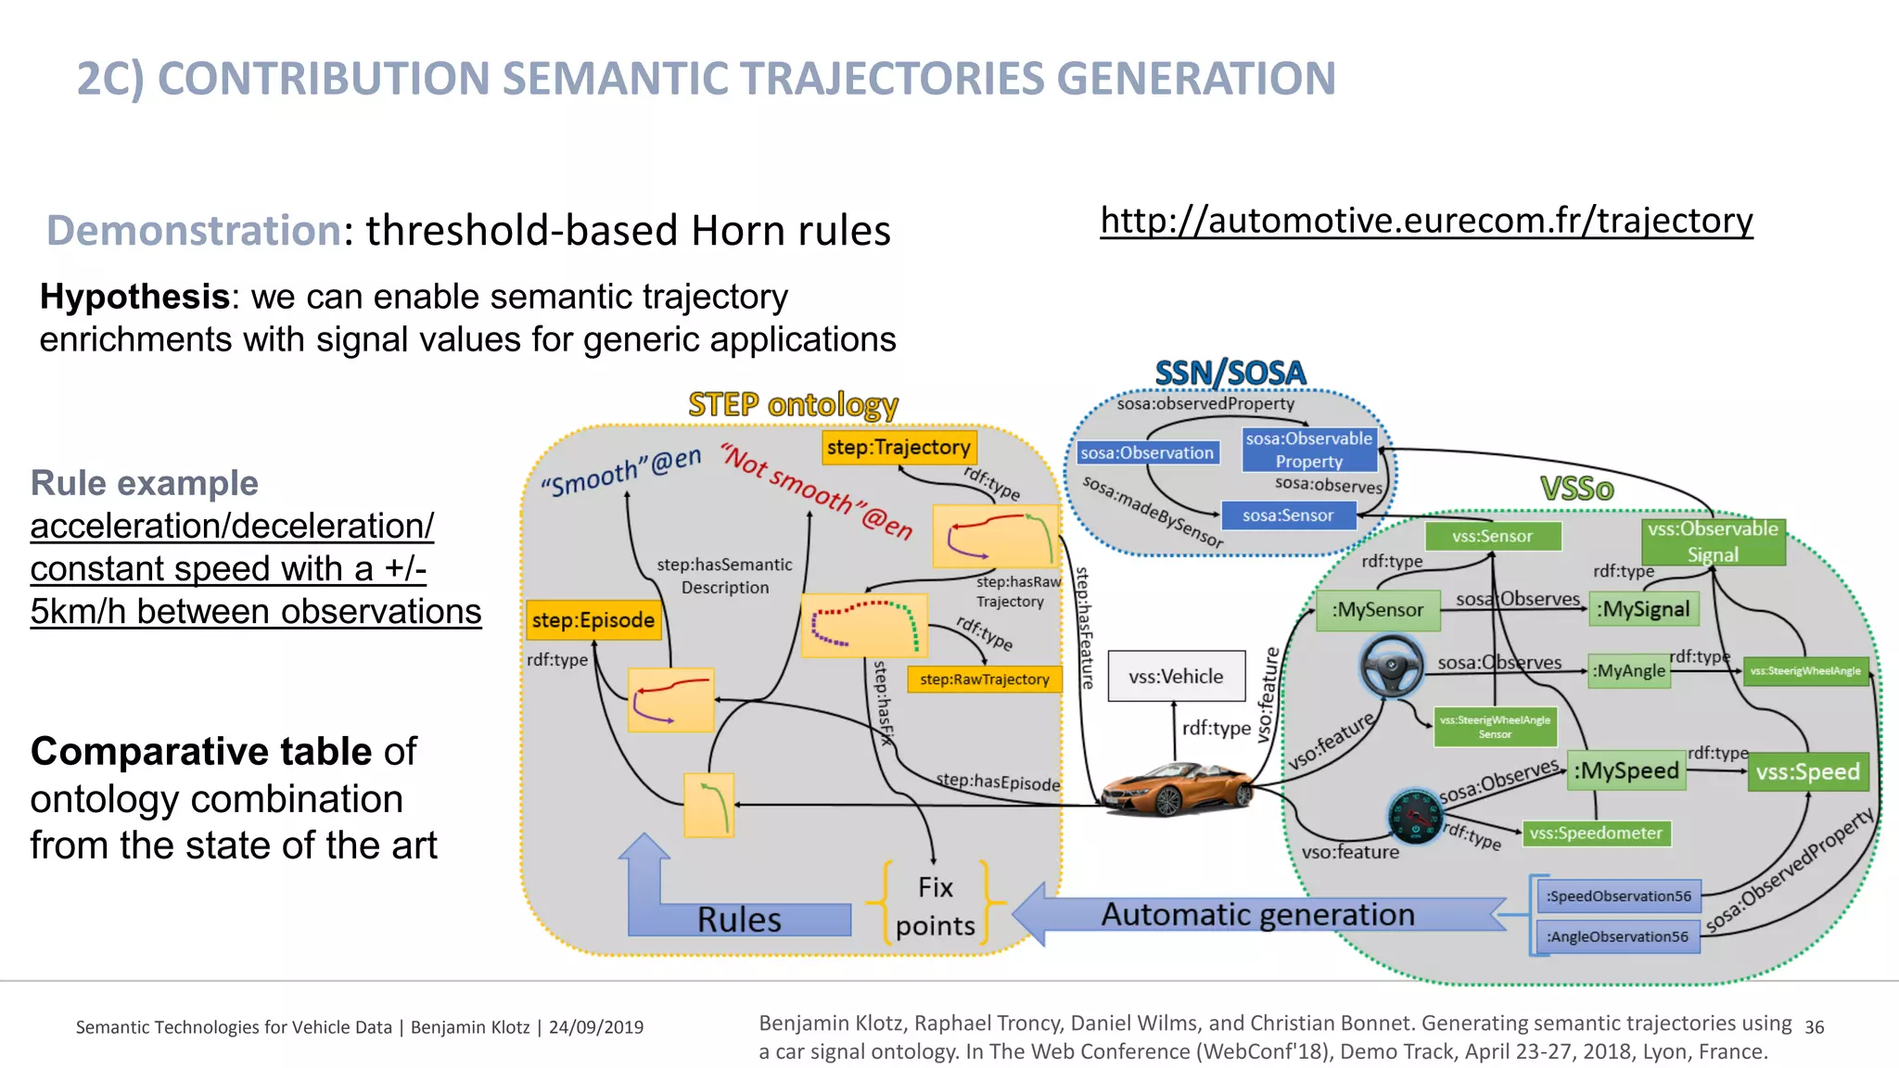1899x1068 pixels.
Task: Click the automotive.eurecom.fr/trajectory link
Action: point(1426,221)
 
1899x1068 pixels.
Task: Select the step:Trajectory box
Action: point(899,447)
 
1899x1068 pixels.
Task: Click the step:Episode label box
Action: point(593,620)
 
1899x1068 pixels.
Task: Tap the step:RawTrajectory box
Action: point(984,679)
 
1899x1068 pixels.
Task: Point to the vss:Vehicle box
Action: point(1175,676)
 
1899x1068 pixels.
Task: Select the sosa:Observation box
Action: point(1147,452)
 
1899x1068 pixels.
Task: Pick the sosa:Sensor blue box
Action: point(1287,515)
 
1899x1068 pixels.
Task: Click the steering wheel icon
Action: point(1391,666)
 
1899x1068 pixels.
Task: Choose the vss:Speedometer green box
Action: point(1595,833)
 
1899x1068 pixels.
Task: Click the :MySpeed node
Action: point(1626,770)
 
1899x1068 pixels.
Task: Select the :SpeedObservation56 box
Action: point(1618,896)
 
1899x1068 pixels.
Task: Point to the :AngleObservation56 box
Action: point(1617,936)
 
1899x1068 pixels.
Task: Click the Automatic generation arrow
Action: point(1257,914)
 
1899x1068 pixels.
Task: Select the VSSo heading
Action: point(1576,489)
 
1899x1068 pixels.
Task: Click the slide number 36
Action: point(1814,1027)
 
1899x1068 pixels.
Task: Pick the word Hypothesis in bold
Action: point(134,297)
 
